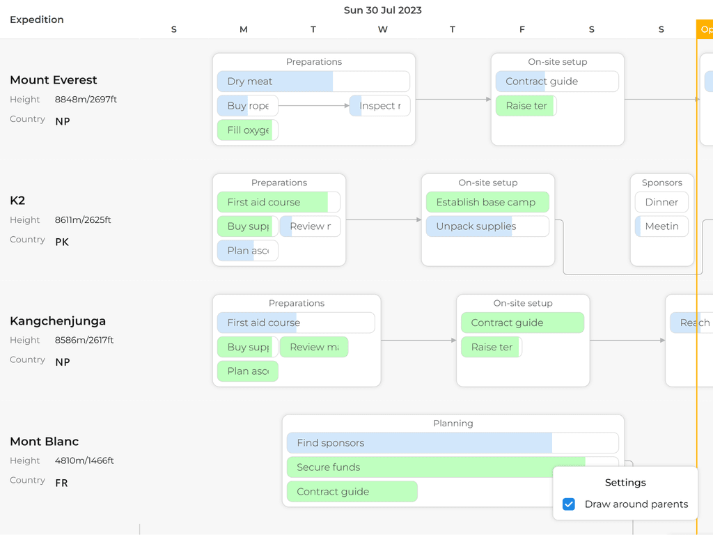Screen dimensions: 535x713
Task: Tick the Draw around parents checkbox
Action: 569,504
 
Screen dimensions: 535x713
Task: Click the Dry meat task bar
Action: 313,82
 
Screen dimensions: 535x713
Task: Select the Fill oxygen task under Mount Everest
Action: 248,130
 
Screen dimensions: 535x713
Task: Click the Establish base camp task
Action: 487,203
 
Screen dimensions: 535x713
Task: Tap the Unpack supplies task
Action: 487,226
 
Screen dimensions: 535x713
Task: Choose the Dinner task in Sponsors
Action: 661,203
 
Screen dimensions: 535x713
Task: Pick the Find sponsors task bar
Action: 453,443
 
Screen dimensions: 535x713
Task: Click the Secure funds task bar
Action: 453,467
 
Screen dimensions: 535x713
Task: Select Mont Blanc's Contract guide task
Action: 352,492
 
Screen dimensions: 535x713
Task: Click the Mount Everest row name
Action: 54,80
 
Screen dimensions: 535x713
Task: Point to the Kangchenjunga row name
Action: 58,321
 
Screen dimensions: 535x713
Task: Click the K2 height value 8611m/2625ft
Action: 83,220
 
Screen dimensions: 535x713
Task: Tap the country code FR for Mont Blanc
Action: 61,483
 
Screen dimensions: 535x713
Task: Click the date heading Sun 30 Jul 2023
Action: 382,10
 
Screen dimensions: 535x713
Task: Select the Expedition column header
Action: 37,20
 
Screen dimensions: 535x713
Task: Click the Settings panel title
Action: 625,483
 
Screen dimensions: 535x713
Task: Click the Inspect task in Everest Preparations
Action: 379,106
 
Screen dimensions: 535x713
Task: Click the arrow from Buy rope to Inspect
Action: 313,106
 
